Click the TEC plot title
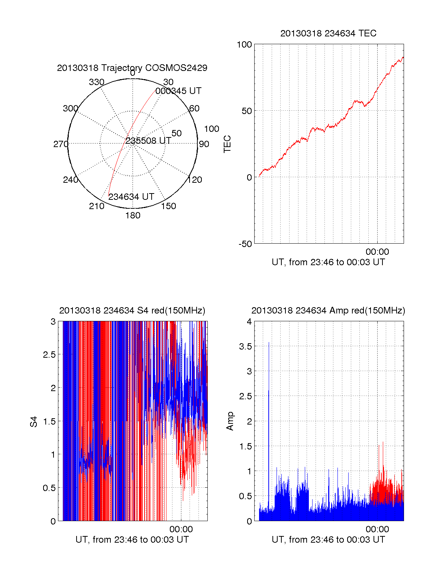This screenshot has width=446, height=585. coord(328,33)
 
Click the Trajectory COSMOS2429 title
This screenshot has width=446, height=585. coord(132,68)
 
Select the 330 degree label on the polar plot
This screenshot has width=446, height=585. coord(96,82)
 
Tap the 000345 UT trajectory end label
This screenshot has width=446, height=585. coord(178,91)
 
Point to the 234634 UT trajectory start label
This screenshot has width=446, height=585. coord(131,197)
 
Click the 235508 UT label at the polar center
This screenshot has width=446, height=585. coord(148,141)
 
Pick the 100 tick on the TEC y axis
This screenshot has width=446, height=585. coord(244,45)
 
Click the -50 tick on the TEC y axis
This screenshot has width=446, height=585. coord(245,244)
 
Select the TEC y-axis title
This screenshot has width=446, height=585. coord(227,144)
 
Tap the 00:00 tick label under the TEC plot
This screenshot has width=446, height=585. coord(377,252)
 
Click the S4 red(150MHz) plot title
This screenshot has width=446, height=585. coord(132,311)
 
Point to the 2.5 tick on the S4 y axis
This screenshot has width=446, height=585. coord(49,355)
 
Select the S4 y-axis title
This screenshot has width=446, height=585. coord(34,422)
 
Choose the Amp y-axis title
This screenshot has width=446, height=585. coord(230,421)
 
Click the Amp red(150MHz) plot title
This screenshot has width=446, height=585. coord(328,311)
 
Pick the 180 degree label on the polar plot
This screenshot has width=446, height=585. coord(133,215)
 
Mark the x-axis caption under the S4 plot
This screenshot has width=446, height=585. coord(132,540)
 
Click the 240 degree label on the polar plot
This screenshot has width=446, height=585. coord(70,180)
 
